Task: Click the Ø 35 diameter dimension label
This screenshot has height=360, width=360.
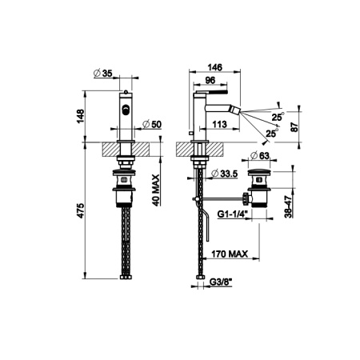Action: (103, 73)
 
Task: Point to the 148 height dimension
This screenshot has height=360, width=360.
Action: (80, 116)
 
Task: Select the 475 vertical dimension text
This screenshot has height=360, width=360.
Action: (80, 211)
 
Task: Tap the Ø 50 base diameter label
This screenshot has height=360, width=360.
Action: (152, 124)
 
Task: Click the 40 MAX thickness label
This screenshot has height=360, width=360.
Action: (156, 190)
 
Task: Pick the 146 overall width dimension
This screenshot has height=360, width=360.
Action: (215, 67)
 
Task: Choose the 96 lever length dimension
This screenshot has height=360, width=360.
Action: (210, 80)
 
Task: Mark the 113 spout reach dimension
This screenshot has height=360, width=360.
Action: (220, 124)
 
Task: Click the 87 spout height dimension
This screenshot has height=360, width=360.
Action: (294, 127)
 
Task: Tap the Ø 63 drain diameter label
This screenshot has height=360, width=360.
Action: (260, 155)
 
